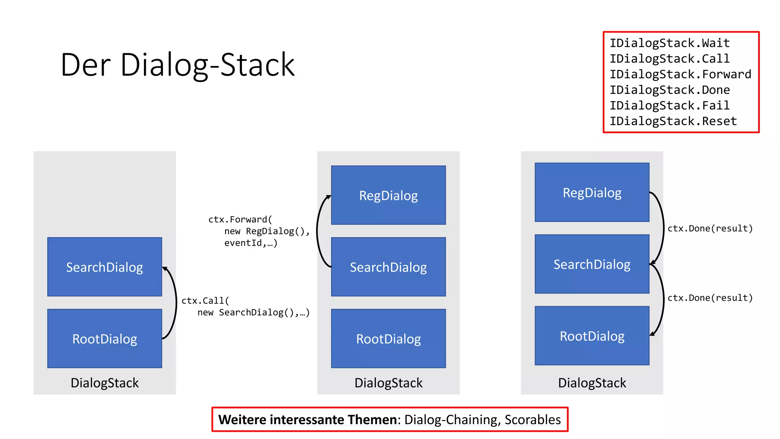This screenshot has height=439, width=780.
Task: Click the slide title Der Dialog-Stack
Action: coord(177,65)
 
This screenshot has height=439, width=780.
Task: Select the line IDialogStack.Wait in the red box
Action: coord(670,43)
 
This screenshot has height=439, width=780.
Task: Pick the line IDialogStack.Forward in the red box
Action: coord(680,74)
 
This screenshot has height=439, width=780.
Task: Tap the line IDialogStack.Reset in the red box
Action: coord(673,121)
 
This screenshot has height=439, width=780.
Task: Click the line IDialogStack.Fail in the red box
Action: coord(670,106)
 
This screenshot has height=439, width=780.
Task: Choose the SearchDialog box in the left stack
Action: coord(104,267)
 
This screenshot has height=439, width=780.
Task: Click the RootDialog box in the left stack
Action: coord(104,338)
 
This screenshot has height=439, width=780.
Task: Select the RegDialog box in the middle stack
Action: coord(388,195)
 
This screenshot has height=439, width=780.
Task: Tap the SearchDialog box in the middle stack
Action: coord(388,267)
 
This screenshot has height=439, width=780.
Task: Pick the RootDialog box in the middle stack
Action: coord(388,338)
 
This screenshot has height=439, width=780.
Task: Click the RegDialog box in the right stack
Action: coord(592,192)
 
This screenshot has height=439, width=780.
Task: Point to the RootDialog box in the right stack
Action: coord(592,336)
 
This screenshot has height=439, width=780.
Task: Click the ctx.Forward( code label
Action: coord(240,219)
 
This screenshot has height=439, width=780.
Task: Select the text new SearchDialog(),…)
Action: coord(253,312)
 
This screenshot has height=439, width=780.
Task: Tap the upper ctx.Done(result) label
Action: coord(710,228)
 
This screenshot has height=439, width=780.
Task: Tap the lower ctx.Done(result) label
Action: coord(710,298)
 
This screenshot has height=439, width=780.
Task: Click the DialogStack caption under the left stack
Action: coord(104,383)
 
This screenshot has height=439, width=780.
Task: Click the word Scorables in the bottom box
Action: coord(532,420)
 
